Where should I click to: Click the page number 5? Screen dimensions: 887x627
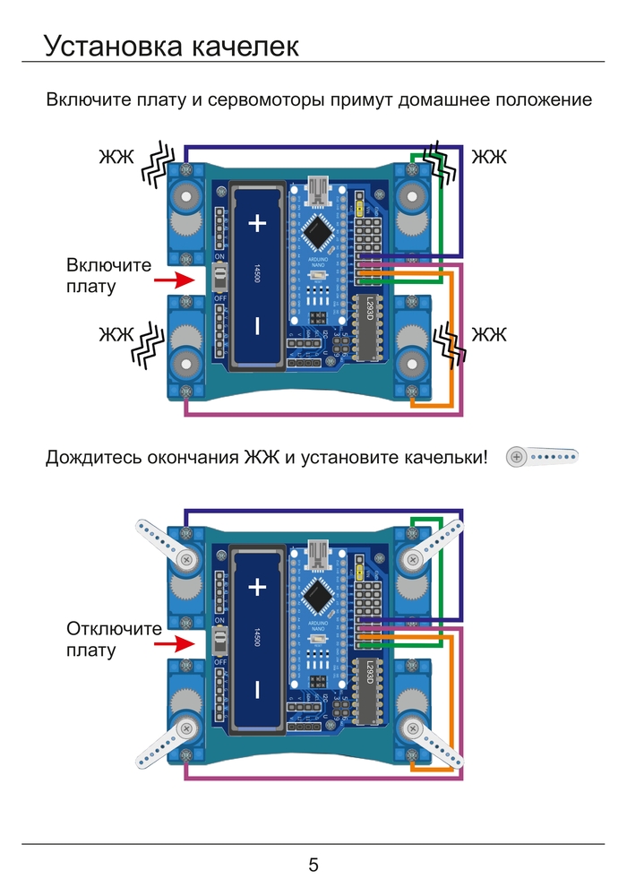pos(313,865)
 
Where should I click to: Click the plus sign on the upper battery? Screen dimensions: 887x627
pos(257,223)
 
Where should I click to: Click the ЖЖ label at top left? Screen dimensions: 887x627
pos(116,158)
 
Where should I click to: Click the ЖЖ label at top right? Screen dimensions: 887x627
pos(489,158)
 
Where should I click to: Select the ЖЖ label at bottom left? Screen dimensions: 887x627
pos(116,335)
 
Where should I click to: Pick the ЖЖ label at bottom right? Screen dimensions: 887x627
pos(489,335)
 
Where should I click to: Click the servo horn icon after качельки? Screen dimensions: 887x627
pos(541,457)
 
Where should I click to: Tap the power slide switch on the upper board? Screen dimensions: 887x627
pos(219,278)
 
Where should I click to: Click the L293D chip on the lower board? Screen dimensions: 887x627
pos(368,691)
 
